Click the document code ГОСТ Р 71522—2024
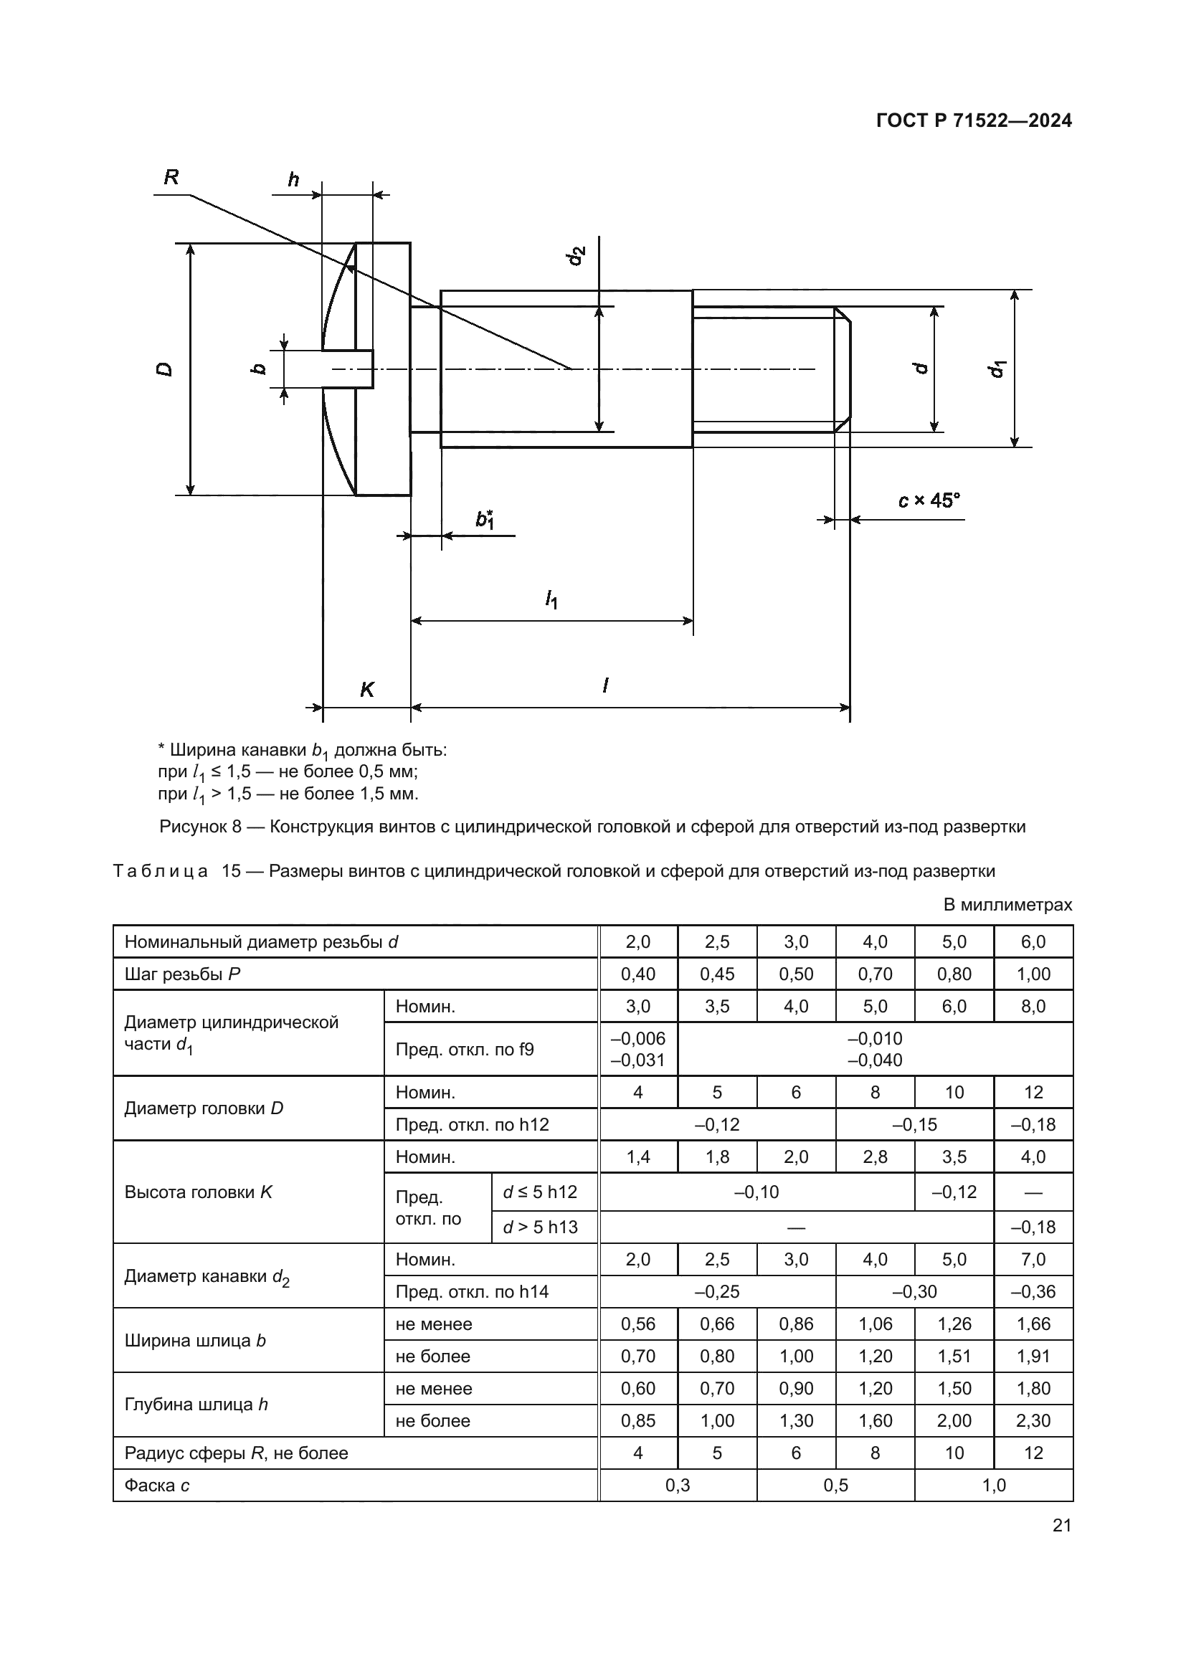974,120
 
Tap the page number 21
1062,1525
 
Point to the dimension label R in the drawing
171,178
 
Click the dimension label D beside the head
166,369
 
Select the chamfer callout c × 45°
928,500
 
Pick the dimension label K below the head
366,690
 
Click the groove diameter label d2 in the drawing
577,256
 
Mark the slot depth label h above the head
293,180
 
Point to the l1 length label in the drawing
551,600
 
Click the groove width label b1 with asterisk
485,518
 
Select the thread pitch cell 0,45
717,974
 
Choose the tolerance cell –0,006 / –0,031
638,1049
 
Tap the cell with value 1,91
1033,1357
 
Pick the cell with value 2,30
1033,1420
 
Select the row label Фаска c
157,1485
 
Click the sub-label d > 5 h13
541,1227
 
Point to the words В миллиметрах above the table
1007,905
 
